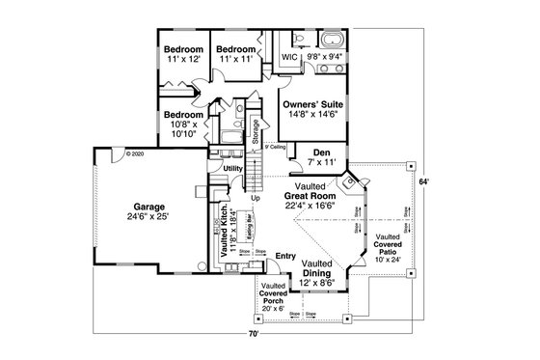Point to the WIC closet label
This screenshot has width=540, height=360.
[288, 57]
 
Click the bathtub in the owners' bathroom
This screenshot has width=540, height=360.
[331, 41]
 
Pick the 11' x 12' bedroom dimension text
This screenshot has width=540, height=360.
[182, 59]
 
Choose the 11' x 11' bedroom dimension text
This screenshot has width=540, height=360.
[234, 59]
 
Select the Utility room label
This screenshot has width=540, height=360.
[232, 169]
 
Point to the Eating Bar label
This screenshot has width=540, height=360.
[249, 226]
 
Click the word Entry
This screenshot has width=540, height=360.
[284, 255]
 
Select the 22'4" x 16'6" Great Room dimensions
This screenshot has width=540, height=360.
[310, 205]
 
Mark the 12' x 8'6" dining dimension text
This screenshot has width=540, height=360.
[317, 283]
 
